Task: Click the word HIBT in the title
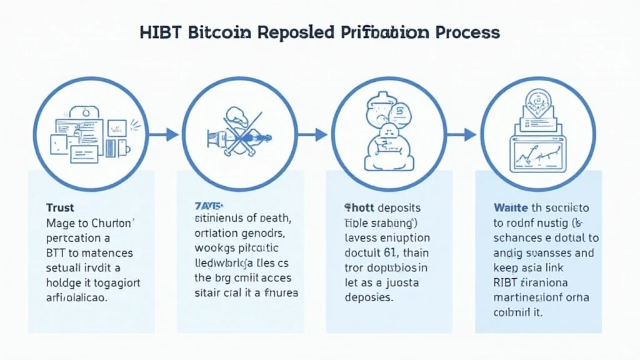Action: pyautogui.click(x=159, y=32)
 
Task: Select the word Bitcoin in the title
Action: pyautogui.click(x=213, y=32)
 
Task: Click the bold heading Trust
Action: pyautogui.click(x=60, y=207)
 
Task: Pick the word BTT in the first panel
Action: pyautogui.click(x=57, y=253)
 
